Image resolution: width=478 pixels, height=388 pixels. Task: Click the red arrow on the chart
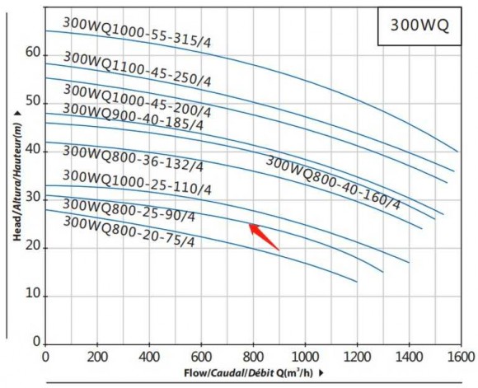pyautogui.click(x=264, y=236)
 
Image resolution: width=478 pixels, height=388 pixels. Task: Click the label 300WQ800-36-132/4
pyautogui.click(x=133, y=158)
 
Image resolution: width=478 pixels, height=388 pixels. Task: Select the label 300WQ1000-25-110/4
pyautogui.click(x=137, y=182)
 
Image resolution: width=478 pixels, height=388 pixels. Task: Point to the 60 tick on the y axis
pyautogui.click(x=32, y=52)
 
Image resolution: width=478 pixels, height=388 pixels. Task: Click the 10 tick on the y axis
pyautogui.click(x=32, y=295)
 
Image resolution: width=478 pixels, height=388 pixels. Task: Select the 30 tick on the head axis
pyautogui.click(x=32, y=198)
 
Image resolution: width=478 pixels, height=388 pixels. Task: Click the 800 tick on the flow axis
pyautogui.click(x=253, y=357)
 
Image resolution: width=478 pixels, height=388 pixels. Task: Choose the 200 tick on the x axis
pyautogui.click(x=97, y=357)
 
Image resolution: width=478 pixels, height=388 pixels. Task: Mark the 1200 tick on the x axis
pyautogui.click(x=357, y=357)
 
